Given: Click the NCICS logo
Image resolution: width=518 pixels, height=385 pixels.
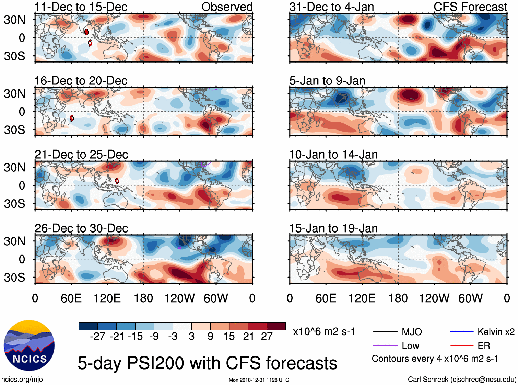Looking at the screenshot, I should (29, 345).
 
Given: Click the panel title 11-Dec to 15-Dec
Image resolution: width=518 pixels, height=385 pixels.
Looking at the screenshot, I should (81, 7).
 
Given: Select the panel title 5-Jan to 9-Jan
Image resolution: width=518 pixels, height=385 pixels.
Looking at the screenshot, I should (327, 81).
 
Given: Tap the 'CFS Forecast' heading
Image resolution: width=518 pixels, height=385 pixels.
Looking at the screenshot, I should (470, 7).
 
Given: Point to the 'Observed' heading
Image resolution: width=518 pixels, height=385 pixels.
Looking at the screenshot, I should (227, 7).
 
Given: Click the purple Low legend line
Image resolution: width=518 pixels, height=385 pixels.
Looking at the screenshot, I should (385, 346).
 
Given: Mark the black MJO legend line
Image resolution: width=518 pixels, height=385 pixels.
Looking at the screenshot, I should (385, 332).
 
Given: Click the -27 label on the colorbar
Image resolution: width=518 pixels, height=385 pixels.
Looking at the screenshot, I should (97, 336).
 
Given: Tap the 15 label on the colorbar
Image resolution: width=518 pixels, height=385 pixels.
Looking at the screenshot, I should (229, 336).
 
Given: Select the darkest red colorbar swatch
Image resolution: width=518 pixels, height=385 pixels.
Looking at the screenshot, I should (276, 326).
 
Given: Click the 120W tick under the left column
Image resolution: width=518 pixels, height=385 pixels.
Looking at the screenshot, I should (179, 298).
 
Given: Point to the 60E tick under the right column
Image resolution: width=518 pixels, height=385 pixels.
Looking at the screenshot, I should (326, 298).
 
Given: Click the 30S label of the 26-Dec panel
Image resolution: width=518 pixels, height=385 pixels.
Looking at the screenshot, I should (14, 278).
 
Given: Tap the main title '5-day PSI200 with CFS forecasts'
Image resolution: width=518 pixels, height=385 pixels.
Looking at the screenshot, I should (207, 363).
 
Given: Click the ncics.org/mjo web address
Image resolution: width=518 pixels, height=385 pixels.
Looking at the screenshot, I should (22, 380).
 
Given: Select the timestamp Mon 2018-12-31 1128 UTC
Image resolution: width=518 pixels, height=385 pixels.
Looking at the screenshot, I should (259, 380).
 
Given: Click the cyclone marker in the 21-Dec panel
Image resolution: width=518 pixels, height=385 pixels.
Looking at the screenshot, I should (117, 181).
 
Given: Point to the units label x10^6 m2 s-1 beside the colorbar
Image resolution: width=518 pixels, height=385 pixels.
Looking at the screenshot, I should (324, 332).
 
